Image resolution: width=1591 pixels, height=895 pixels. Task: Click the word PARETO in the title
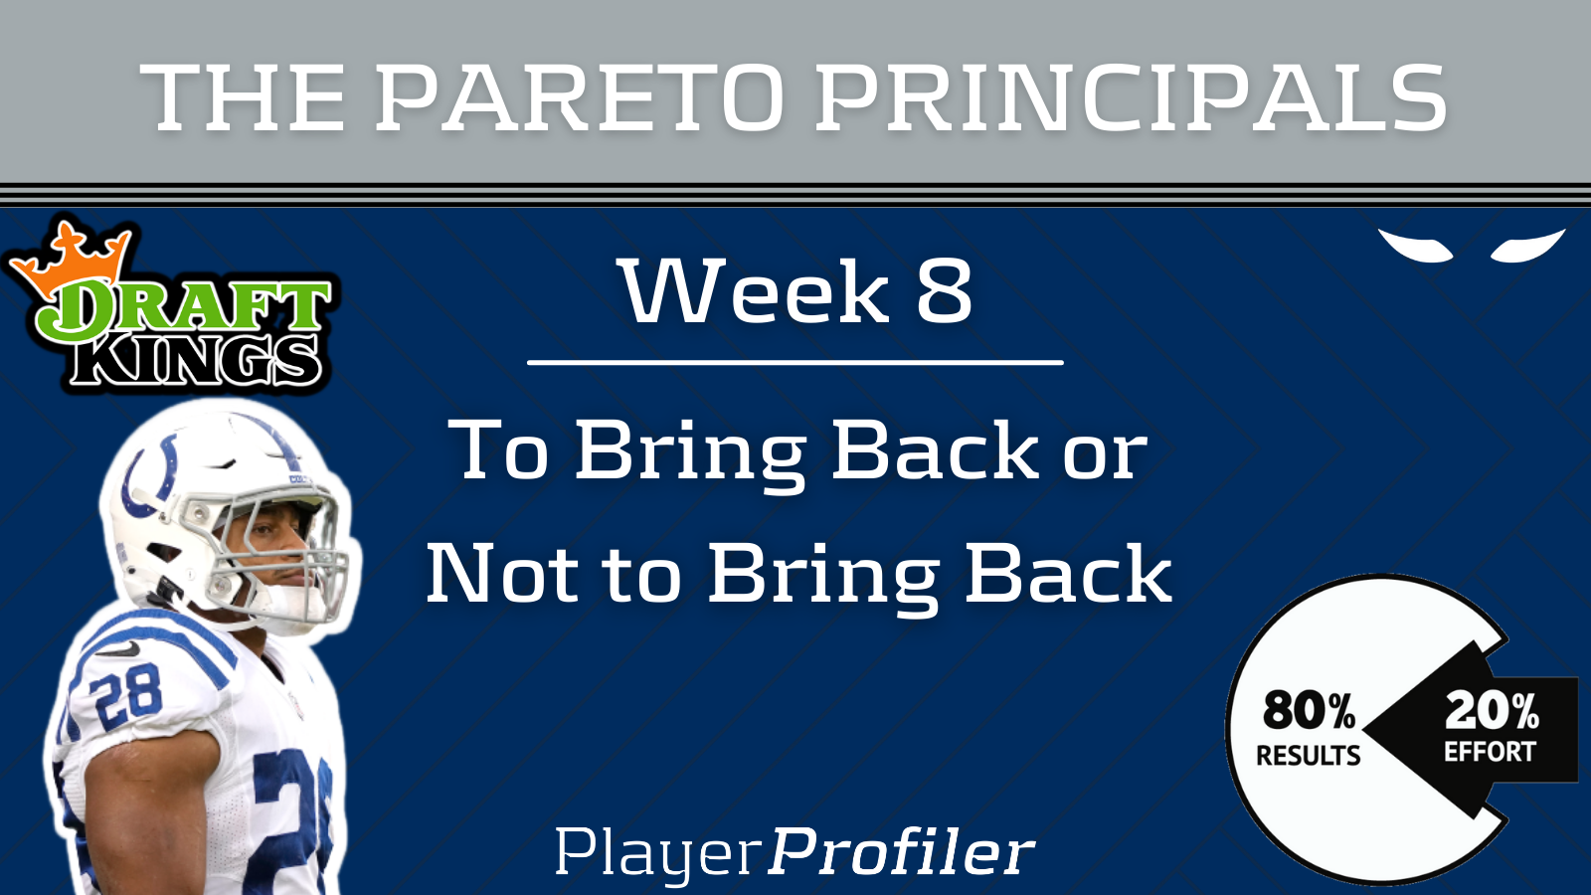point(579,97)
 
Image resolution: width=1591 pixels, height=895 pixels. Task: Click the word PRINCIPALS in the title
point(1131,97)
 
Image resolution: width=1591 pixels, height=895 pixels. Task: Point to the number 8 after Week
point(944,292)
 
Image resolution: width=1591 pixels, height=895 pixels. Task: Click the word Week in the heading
point(756,292)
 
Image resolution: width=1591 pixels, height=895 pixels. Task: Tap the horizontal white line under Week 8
point(795,362)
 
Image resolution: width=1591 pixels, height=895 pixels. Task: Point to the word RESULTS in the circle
point(1309,755)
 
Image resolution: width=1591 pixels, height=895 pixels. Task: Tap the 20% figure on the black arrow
point(1493,711)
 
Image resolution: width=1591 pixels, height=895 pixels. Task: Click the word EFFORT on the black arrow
point(1491,752)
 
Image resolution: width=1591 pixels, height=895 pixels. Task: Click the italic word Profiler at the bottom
point(901,851)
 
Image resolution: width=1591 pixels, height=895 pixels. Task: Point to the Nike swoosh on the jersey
point(118,649)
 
